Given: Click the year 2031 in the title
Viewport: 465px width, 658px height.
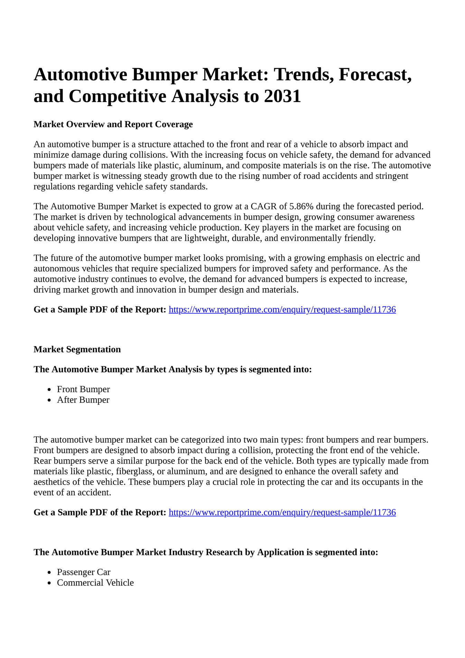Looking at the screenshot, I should click(x=282, y=96).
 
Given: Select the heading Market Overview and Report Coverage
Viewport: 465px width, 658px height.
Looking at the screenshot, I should click(x=113, y=124).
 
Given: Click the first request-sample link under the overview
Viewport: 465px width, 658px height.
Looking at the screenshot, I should click(x=282, y=309).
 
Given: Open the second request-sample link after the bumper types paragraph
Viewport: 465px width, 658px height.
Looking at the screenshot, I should click(x=282, y=512).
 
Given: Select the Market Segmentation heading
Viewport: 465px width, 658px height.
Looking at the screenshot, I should click(x=77, y=350).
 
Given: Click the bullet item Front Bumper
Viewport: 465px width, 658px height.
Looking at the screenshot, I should click(x=83, y=389).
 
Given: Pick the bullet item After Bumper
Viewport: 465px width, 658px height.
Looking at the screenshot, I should click(x=83, y=400).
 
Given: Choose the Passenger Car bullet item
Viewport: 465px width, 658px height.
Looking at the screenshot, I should click(x=83, y=572).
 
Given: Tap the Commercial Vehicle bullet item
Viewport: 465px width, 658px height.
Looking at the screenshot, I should click(x=95, y=583).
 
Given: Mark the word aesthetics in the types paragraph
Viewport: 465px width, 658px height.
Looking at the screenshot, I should click(x=49, y=482).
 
